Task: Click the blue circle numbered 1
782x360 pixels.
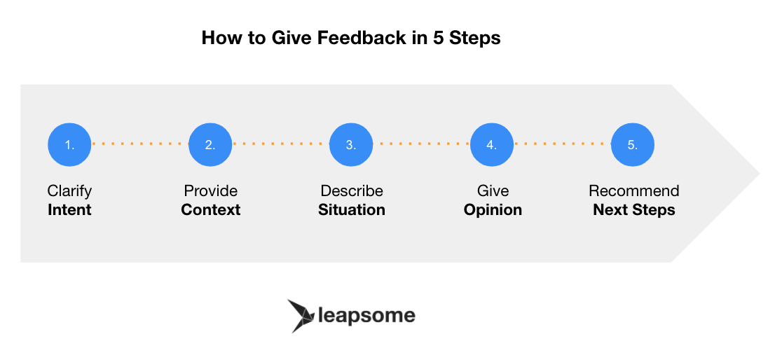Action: [69, 144]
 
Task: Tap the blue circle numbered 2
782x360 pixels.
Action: [210, 144]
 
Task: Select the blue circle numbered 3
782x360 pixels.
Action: [351, 144]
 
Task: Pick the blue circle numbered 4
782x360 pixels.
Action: [492, 144]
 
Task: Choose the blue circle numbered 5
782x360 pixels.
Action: [633, 144]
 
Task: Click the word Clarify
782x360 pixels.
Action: [69, 191]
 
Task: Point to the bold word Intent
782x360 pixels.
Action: [69, 209]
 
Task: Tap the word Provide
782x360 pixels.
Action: [210, 191]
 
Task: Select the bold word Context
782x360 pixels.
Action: [210, 209]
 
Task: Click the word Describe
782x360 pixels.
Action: [352, 191]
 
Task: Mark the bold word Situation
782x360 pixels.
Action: [352, 209]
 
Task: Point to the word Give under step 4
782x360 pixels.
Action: [493, 191]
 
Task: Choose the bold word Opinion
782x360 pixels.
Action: [493, 209]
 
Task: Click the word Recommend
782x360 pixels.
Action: [633, 191]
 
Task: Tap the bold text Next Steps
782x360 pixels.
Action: [633, 209]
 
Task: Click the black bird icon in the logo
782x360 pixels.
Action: [301, 315]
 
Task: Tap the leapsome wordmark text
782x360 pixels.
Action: [366, 315]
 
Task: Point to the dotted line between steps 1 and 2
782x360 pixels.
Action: [140, 144]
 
